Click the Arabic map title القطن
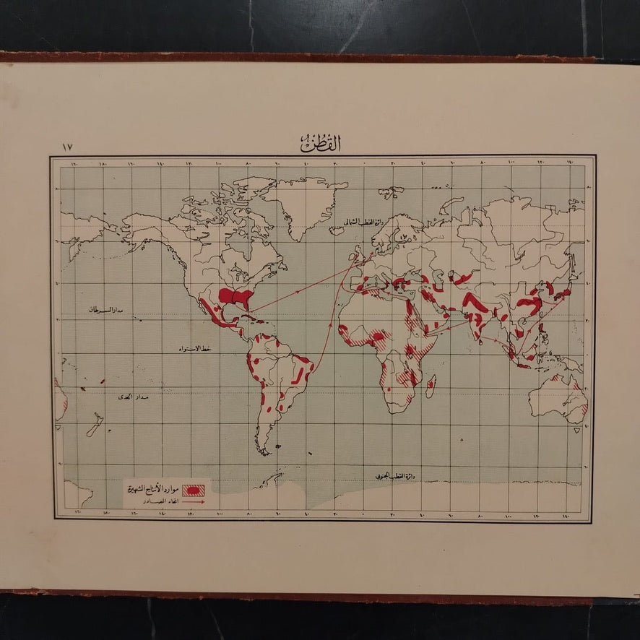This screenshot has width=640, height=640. tap(320, 144)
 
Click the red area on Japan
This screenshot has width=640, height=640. tap(565, 292)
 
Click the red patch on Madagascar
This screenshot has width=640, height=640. tap(431, 385)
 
